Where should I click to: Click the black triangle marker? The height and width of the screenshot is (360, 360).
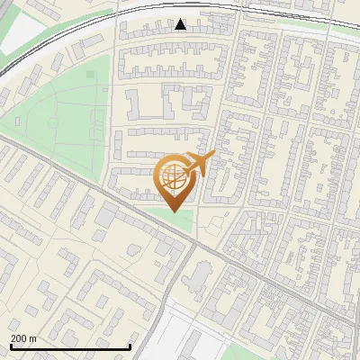click(x=181, y=24)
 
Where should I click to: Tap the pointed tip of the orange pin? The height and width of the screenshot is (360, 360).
click(x=173, y=211)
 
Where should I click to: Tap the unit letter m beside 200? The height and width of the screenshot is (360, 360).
click(x=34, y=337)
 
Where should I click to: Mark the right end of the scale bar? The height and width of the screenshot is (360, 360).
click(x=131, y=346)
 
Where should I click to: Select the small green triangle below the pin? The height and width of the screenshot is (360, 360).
click(x=175, y=219)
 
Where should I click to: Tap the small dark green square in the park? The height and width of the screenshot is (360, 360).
click(x=89, y=74)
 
